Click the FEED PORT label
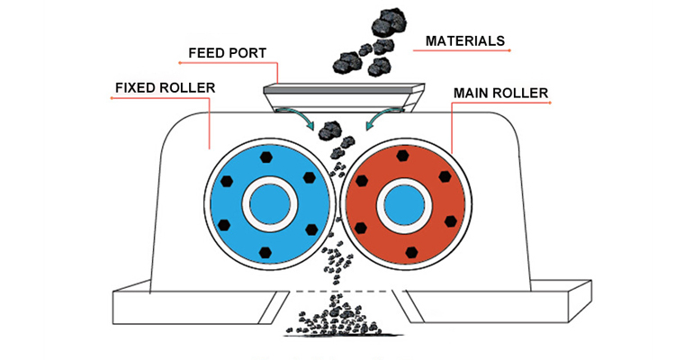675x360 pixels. point(226,53)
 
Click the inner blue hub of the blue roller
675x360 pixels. point(266,204)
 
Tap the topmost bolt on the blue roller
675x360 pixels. point(266,157)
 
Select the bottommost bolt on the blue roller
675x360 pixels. point(266,251)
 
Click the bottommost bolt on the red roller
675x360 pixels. point(411,251)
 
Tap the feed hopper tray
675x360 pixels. point(337,91)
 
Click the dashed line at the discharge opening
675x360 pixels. point(337,290)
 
